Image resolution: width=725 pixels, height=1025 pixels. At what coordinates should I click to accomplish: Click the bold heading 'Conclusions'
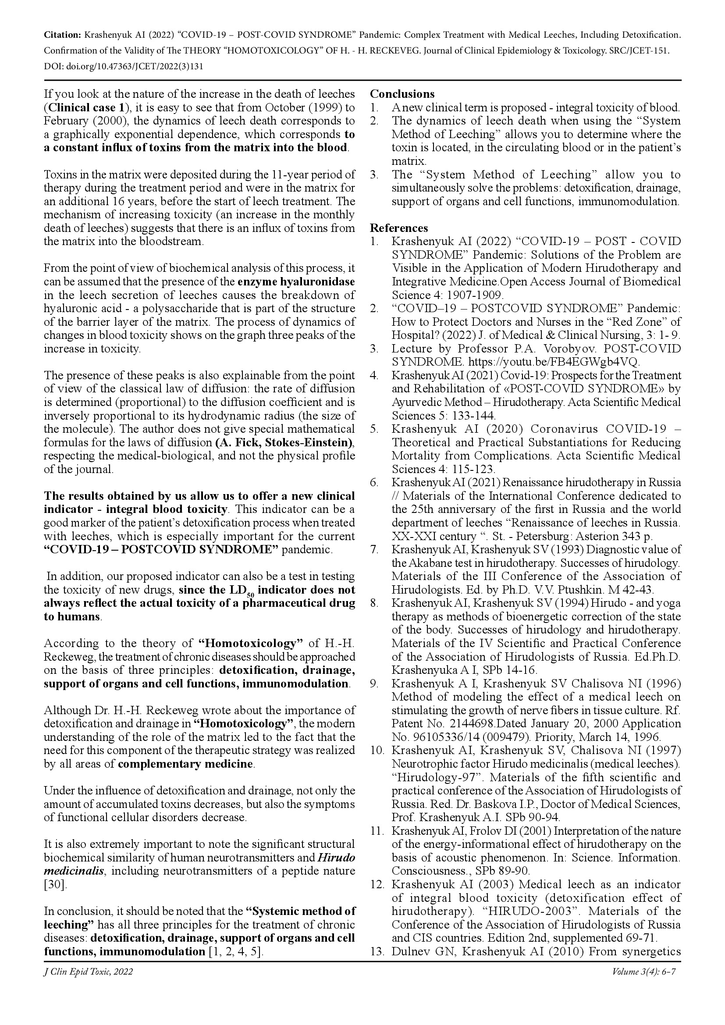402,94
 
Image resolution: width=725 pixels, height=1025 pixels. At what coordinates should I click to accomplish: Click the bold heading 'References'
398,228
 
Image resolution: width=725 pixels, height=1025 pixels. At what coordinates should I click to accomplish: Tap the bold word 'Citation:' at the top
62,35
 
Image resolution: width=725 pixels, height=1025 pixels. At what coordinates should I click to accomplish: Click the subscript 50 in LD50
250,594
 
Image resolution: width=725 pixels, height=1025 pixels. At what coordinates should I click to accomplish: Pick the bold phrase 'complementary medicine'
185,764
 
